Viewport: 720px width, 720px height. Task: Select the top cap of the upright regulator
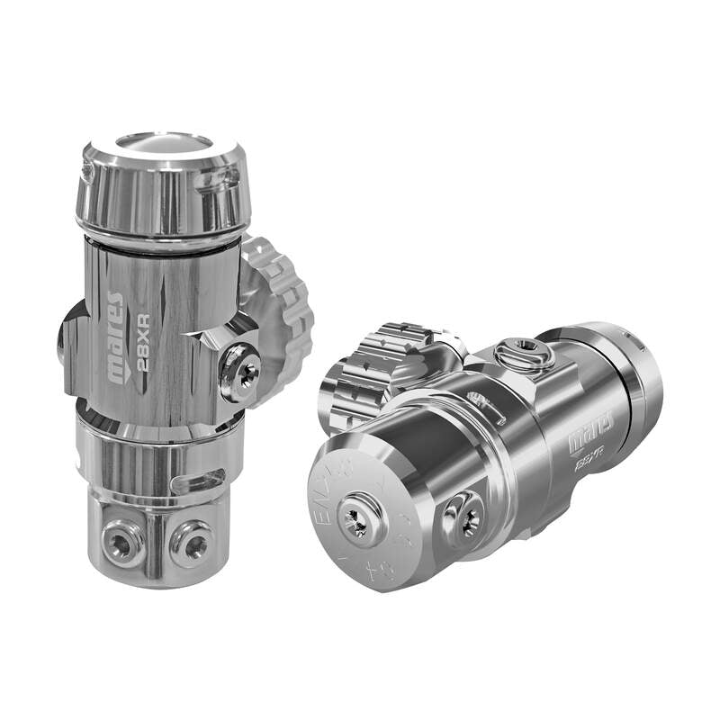(162, 184)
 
